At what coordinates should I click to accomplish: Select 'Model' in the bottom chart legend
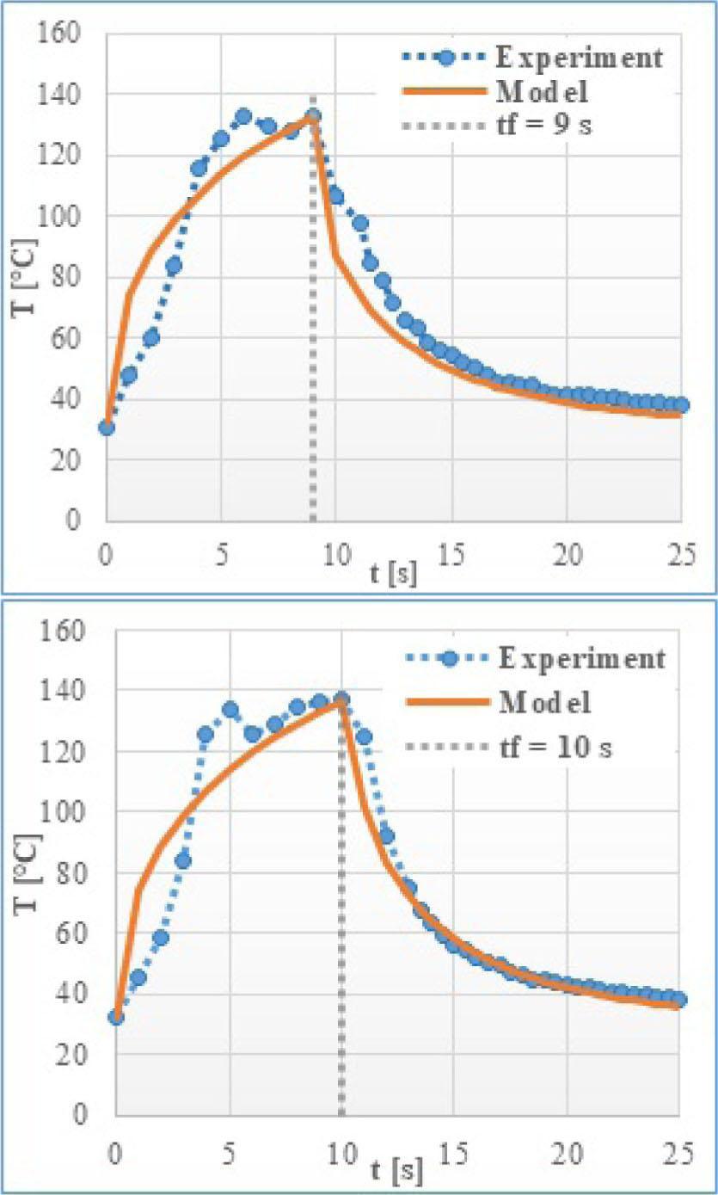tap(544, 703)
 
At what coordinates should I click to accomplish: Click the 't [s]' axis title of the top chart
tap(396, 575)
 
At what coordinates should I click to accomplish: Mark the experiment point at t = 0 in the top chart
tap(107, 428)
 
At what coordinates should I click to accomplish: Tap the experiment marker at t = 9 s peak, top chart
tap(313, 116)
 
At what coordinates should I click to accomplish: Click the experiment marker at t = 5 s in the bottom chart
tap(230, 711)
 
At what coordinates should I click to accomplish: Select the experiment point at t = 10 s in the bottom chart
tap(341, 699)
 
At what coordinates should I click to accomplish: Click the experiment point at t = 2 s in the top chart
tap(151, 338)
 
